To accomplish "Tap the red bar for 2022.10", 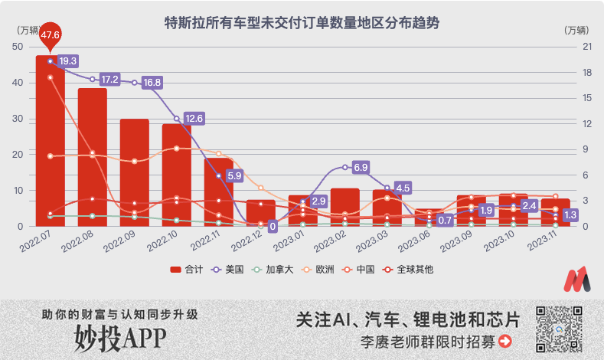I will point(176,176).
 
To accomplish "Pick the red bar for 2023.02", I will point(345,207).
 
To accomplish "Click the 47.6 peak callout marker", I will point(51,35).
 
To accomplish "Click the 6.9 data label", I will point(362,167).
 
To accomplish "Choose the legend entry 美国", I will point(232,269).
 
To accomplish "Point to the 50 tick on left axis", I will point(18,47).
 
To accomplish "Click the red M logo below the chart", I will point(577,280).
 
